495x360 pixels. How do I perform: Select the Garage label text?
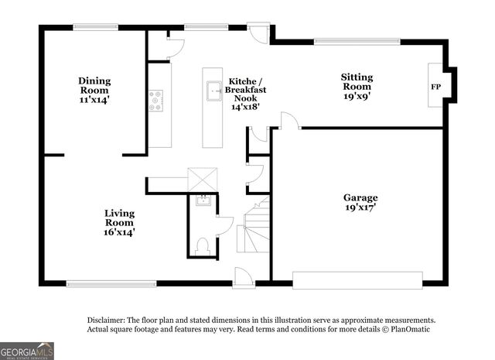tap(360, 197)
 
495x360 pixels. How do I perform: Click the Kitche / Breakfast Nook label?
tap(247, 93)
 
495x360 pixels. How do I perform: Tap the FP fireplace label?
tap(435, 87)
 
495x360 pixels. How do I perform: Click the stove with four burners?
tap(156, 99)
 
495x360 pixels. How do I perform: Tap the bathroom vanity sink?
tap(203, 201)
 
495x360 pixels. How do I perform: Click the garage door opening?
tap(357, 279)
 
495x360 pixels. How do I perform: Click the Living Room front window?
tap(111, 282)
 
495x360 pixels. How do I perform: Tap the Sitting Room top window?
tap(357, 41)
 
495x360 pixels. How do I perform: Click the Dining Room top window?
tap(95, 28)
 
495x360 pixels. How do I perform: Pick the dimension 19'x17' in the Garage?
tap(360, 208)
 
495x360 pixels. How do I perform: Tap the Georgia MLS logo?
tap(27, 351)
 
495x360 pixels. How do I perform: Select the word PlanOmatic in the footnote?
tap(410, 329)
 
